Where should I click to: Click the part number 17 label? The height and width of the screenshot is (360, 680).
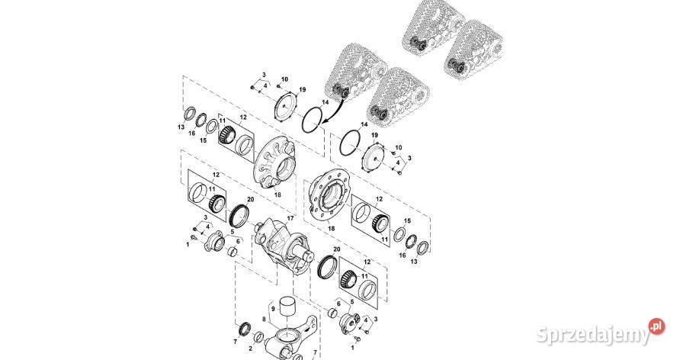(290, 217)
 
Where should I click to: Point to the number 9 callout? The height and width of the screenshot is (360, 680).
(273, 309)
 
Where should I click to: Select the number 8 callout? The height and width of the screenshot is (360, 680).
(264, 319)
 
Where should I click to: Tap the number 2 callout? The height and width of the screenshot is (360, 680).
(251, 349)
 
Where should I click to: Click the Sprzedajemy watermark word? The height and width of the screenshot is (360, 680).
(593, 334)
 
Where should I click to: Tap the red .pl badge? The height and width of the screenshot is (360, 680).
(656, 326)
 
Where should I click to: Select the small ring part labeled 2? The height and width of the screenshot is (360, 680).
(258, 337)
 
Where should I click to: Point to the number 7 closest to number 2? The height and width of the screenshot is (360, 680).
(236, 342)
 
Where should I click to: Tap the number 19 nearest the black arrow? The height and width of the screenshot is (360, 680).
(303, 90)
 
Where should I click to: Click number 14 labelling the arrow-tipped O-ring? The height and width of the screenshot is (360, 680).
(325, 102)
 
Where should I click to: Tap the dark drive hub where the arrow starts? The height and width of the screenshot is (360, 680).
(339, 93)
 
